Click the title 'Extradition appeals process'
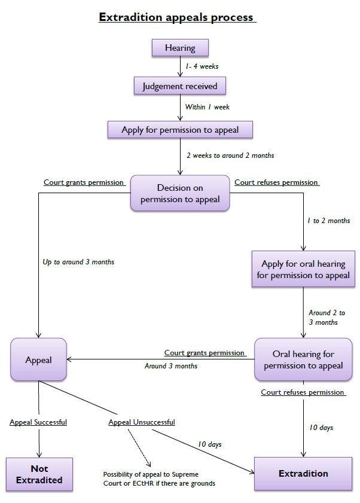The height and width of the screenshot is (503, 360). pos(177,17)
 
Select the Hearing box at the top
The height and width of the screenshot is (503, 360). pos(180,47)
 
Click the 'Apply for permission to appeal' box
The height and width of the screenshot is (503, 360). pos(180,129)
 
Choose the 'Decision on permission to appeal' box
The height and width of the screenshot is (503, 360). pos(180,193)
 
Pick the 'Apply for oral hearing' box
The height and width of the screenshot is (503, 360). pos(303,269)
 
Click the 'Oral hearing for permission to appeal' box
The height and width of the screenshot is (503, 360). pos(303,359)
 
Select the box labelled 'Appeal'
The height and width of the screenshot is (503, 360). pos(39,360)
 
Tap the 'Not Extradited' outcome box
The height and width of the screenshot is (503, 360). pos(40,474)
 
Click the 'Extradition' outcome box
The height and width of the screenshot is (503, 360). pos(303,473)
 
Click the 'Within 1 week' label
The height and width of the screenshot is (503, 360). pos(207,107)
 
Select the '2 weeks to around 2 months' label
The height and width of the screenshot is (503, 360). pos(230,156)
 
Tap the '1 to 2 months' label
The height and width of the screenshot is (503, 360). pos(328,221)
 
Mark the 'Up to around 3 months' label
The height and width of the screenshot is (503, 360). pos(78,262)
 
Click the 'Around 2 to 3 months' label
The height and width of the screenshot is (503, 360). pos(327,317)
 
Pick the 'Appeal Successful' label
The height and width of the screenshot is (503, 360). pos(38,422)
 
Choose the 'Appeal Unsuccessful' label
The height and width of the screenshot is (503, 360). pos(142,422)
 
